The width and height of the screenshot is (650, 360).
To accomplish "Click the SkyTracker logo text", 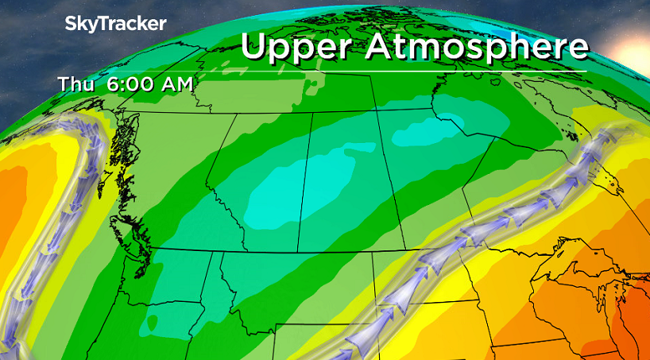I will click(115, 24).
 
